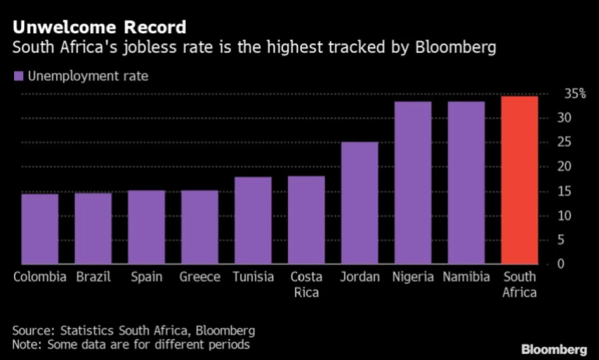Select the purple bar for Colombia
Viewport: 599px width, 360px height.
tap(40, 229)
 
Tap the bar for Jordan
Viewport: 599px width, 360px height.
tap(359, 203)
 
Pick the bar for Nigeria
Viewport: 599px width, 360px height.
tap(413, 183)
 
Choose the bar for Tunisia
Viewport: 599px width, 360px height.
tap(253, 220)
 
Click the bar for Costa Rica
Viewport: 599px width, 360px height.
tap(306, 220)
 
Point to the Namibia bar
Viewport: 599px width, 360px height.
tap(466, 183)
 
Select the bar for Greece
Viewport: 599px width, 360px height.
tap(199, 227)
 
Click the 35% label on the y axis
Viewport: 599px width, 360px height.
tap(575, 94)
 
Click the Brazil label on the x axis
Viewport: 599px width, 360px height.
tap(94, 277)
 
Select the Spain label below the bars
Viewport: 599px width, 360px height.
tap(146, 277)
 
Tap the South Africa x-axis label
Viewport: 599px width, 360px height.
tap(519, 284)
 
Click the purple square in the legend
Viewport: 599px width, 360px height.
tap(18, 77)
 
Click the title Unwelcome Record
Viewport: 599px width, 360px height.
tap(99, 27)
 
